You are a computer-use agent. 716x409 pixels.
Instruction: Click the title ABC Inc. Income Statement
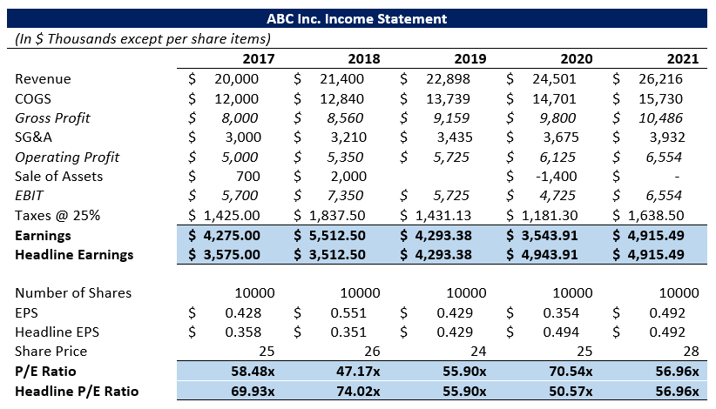tap(357, 18)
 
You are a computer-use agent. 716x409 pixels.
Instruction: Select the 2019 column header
tap(469, 59)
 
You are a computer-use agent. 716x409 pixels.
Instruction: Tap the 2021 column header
tap(682, 59)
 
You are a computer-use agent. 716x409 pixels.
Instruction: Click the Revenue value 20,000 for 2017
tap(235, 79)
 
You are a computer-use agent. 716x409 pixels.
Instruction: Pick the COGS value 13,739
tap(449, 98)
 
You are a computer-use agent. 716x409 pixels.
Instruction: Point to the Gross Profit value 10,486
tap(661, 117)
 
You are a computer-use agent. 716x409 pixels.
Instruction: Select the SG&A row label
tap(34, 137)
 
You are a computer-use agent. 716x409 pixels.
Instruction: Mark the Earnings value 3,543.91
tap(549, 234)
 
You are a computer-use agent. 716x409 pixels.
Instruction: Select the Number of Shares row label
tap(73, 292)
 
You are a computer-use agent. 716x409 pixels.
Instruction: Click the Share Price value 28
tap(690, 351)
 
